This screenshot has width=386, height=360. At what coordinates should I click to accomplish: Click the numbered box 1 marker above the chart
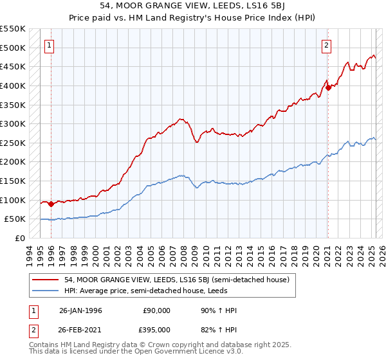(50, 46)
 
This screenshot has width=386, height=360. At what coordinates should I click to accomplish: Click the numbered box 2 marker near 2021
(327, 46)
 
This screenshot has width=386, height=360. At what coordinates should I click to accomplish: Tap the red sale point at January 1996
(51, 204)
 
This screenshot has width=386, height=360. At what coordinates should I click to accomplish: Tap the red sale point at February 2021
(327, 88)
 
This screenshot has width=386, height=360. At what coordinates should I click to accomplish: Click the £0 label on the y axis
(19, 238)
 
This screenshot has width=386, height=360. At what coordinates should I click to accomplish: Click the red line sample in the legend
(45, 280)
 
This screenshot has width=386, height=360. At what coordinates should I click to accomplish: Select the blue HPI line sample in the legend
(45, 291)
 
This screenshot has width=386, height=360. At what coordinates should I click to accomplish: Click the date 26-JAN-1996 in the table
(80, 310)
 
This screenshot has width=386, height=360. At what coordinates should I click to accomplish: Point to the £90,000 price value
(156, 310)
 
